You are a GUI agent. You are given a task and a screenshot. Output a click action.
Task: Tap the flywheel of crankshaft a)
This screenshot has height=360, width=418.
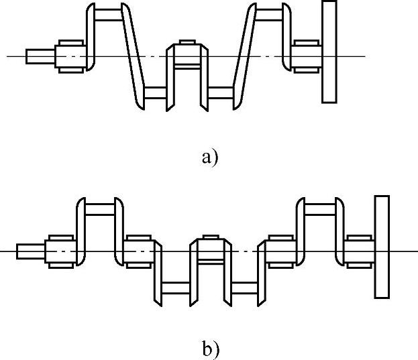tap(329, 52)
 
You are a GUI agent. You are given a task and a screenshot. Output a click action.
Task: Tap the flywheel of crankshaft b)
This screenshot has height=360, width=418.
tap(382, 246)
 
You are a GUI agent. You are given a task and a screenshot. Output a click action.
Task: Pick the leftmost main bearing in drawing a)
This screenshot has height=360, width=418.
tap(70, 56)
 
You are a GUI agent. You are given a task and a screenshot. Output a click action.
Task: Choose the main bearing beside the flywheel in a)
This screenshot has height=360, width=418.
tap(306, 56)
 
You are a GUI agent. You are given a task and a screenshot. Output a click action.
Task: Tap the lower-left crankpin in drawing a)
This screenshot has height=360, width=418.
tap(156, 93)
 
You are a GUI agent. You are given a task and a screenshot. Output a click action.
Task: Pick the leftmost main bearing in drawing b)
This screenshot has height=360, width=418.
tap(61, 250)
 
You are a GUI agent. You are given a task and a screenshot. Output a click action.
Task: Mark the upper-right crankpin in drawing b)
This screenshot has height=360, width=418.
tap(320, 208)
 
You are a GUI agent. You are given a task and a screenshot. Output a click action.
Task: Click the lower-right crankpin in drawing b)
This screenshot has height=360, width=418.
tap(244, 288)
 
